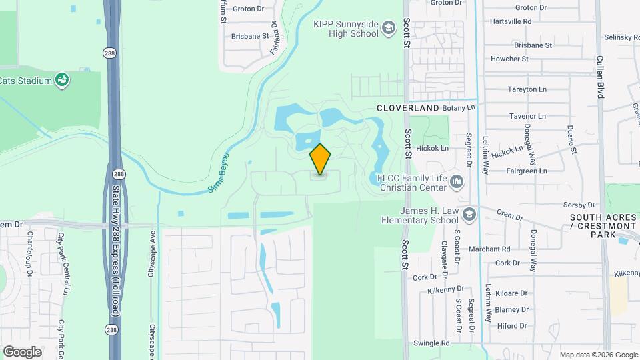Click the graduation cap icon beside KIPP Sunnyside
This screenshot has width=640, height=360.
click(x=389, y=29)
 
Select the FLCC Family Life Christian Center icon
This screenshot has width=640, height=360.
click(x=457, y=181)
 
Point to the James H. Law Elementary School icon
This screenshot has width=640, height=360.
click(x=469, y=214)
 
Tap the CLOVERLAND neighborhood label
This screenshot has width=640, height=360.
click(x=407, y=108)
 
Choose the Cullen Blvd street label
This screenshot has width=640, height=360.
click(x=600, y=77)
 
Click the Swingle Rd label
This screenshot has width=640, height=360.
click(x=431, y=343)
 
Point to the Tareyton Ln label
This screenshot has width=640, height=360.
click(x=527, y=89)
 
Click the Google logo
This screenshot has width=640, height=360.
click(x=22, y=351)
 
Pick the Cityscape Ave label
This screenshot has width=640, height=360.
click(x=152, y=255)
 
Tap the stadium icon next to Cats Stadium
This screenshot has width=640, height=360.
click(x=63, y=81)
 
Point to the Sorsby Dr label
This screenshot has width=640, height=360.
click(x=578, y=205)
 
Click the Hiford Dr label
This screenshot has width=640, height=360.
click(x=512, y=326)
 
